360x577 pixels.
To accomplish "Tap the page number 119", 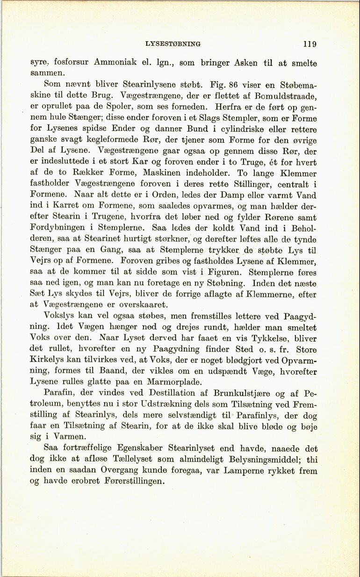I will tap(309, 44).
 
